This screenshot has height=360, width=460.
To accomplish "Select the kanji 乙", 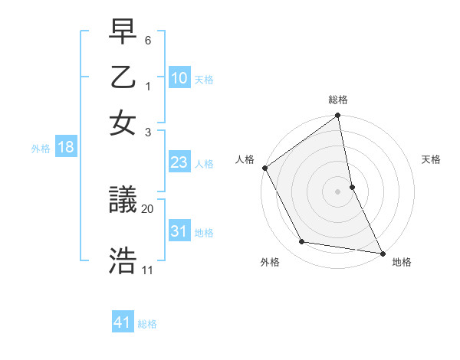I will [x=123, y=80].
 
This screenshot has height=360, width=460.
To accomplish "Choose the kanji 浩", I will [x=123, y=259].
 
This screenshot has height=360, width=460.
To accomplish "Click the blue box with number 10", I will [x=179, y=77].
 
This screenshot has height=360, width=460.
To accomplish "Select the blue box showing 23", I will [x=179, y=162].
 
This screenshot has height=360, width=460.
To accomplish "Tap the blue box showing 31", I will [x=179, y=231].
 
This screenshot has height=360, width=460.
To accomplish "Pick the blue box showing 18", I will [x=66, y=147].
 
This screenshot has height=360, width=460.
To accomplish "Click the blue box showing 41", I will [x=123, y=322].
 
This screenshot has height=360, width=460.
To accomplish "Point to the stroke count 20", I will [x=147, y=208].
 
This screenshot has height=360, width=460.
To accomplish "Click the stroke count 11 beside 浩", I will [x=147, y=270].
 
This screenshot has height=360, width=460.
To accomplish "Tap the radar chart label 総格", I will [x=338, y=100].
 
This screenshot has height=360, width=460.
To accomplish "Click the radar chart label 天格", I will [x=431, y=159].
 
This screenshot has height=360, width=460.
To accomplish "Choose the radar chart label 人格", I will [x=245, y=159].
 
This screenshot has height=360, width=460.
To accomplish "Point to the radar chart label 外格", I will [x=270, y=263].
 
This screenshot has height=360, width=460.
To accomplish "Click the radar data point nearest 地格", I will [x=382, y=253].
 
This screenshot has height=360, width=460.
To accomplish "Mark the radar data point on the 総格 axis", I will [x=338, y=116].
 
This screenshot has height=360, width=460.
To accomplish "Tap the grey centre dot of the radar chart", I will [x=338, y=191].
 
